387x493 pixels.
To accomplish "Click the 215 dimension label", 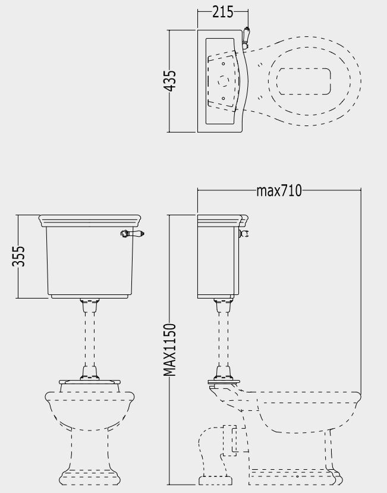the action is pyautogui.click(x=222, y=12).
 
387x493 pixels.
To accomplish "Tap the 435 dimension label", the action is pyautogui.click(x=170, y=81).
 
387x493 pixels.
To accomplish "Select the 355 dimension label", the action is pyautogui.click(x=18, y=256).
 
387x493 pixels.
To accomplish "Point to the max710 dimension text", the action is pyautogui.click(x=279, y=190).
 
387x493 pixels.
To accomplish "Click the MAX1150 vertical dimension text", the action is pyautogui.click(x=170, y=350).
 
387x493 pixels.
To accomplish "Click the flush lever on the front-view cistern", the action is pyautogui.click(x=132, y=233).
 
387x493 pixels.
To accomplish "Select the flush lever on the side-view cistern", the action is pyautogui.click(x=244, y=233).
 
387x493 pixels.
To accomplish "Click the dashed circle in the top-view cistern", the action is pyautogui.click(x=223, y=81).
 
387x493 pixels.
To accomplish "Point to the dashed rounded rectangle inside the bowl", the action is pyautogui.click(x=304, y=81).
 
